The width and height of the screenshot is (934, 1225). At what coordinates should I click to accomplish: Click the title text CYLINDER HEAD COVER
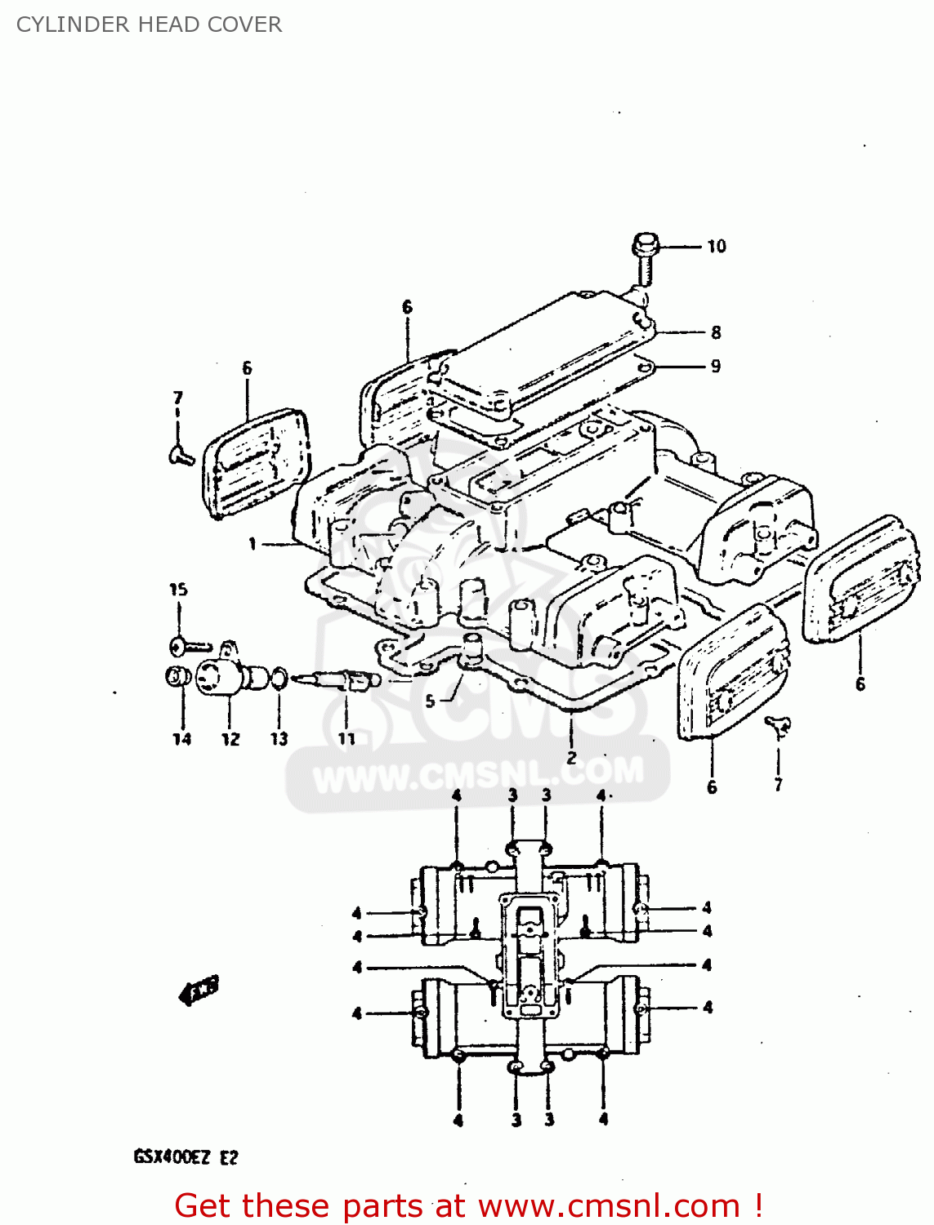click(x=149, y=24)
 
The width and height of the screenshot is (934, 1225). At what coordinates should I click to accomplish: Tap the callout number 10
click(x=716, y=247)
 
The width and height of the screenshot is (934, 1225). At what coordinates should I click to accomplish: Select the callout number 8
click(x=716, y=332)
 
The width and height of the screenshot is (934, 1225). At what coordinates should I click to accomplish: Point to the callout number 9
click(x=716, y=366)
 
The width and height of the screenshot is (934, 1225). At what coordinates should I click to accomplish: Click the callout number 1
click(x=252, y=543)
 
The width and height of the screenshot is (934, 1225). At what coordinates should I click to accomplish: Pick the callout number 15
click(x=178, y=590)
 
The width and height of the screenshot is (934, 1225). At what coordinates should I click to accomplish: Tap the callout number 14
click(x=181, y=739)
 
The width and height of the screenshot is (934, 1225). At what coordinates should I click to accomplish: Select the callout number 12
click(x=230, y=739)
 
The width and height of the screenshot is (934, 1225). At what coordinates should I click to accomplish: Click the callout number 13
click(x=279, y=739)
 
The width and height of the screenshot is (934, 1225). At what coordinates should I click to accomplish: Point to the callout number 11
click(x=347, y=739)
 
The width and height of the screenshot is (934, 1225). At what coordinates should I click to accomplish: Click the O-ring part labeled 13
click(x=279, y=677)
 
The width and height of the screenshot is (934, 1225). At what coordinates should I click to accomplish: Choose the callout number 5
click(x=430, y=701)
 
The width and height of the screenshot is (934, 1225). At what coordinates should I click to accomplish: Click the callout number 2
click(x=571, y=757)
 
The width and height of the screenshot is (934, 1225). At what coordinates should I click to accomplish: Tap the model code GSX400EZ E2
click(x=185, y=1157)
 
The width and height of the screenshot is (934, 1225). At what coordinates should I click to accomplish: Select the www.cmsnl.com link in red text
click(x=609, y=1205)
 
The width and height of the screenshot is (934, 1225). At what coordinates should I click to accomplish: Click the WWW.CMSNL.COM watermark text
click(x=478, y=774)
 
